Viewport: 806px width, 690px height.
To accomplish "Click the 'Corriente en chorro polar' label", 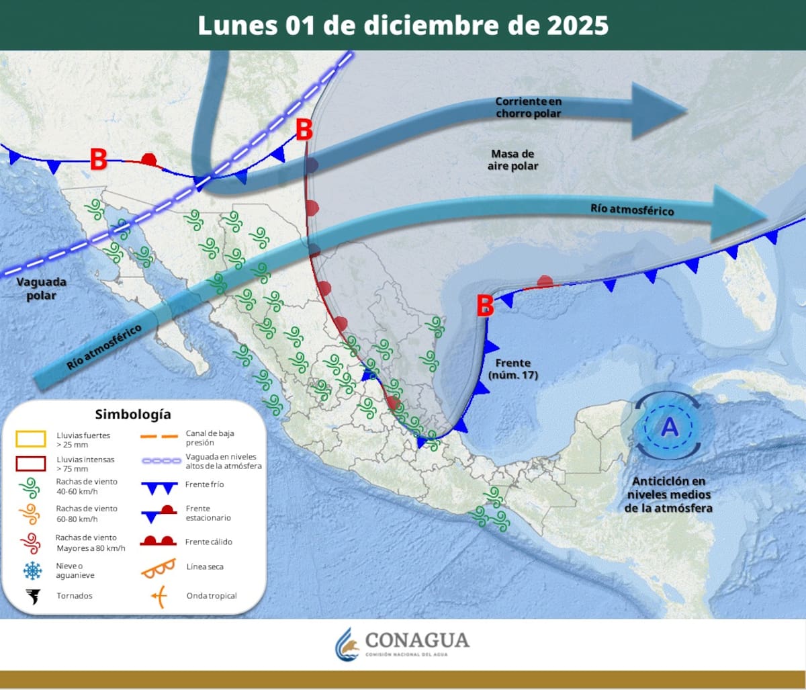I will pyautogui.click(x=529, y=107).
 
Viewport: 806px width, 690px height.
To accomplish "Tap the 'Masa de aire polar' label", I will pyautogui.click(x=513, y=160).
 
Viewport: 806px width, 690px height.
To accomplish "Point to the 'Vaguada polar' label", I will pyautogui.click(x=41, y=289).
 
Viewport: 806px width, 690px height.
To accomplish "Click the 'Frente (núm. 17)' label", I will pyautogui.click(x=513, y=369).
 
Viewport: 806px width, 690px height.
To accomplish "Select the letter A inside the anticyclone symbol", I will pyautogui.click(x=669, y=427).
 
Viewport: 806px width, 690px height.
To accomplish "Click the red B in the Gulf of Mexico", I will pyautogui.click(x=485, y=306).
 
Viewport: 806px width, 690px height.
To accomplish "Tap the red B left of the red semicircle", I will pyautogui.click(x=99, y=159).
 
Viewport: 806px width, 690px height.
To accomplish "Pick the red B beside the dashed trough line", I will pyautogui.click(x=304, y=130).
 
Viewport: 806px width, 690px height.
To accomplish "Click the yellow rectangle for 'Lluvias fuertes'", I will pyautogui.click(x=30, y=439).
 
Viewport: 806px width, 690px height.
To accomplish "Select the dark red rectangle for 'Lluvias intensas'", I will pyautogui.click(x=30, y=464).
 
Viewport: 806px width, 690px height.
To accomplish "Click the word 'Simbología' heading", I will pyautogui.click(x=132, y=414).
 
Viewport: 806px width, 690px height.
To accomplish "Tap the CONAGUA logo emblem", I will pyautogui.click(x=347, y=644).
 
